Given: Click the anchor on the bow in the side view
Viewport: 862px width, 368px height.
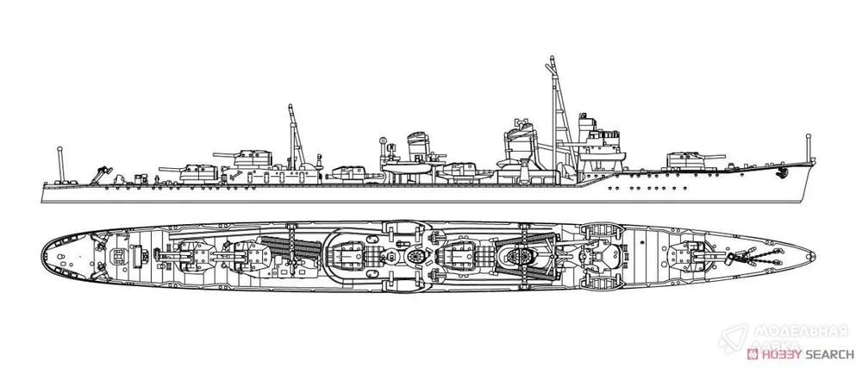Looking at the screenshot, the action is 781,173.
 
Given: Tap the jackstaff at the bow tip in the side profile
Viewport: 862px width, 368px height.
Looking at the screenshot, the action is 809,147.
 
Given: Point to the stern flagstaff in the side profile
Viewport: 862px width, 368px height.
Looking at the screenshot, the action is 60,165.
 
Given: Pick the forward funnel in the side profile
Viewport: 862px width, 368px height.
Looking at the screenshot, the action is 519,144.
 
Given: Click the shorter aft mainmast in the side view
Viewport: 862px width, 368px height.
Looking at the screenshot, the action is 295,136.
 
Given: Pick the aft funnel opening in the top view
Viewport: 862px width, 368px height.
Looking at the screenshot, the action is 415,256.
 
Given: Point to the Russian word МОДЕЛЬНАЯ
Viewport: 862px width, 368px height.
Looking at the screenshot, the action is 800,331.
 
